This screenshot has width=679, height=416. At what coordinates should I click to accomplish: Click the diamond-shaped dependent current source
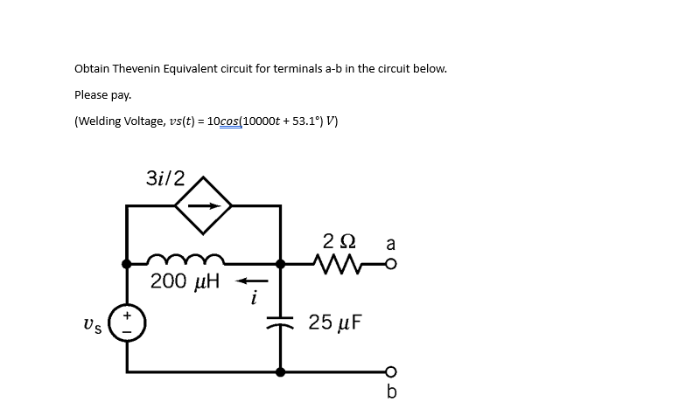203,206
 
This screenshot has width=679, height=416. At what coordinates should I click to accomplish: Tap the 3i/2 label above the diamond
165,177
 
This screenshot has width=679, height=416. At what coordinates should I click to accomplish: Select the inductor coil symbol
186,260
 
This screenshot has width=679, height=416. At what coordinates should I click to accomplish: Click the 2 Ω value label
337,240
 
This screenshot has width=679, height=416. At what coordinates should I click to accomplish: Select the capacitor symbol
280,321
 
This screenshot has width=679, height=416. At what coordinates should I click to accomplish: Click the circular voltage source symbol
128,322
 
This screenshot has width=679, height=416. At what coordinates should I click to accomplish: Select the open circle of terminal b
390,371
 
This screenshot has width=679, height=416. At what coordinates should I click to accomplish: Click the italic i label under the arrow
253,300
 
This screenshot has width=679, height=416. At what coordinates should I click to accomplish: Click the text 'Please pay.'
102,94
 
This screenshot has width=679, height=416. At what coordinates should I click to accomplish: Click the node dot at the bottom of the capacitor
280,371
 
